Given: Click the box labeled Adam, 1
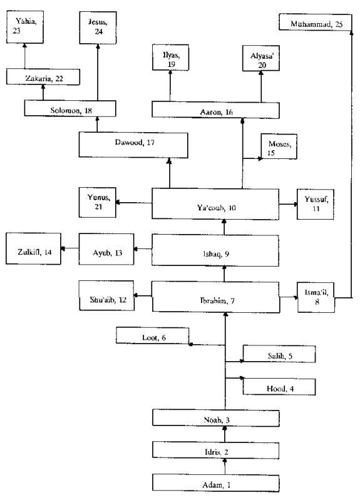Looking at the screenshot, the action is [x=216, y=482].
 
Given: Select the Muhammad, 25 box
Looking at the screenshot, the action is [x=316, y=22].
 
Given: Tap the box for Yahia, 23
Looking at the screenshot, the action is [x=25, y=27].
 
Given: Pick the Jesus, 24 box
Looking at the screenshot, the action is [x=98, y=28].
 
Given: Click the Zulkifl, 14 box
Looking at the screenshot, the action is [x=34, y=248].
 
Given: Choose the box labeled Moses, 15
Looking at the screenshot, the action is [x=279, y=146].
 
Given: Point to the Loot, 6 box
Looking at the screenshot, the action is [x=153, y=335].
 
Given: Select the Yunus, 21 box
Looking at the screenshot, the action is [x=97, y=203].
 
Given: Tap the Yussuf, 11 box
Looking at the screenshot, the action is [x=316, y=204].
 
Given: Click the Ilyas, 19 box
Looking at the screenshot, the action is [x=170, y=58].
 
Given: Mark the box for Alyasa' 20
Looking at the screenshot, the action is [x=261, y=58].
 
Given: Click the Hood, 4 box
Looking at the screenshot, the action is [x=279, y=387].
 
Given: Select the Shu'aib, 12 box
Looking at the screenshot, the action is [x=106, y=295].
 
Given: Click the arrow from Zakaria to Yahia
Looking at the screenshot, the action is [x=25, y=56].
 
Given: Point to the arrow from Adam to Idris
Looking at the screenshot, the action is [x=225, y=466].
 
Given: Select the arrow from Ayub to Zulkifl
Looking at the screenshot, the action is [x=70, y=248].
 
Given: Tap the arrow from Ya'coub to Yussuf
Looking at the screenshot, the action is [x=288, y=204].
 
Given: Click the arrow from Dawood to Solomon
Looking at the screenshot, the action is [x=97, y=125].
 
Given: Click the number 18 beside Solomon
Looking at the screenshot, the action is [x=88, y=111].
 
